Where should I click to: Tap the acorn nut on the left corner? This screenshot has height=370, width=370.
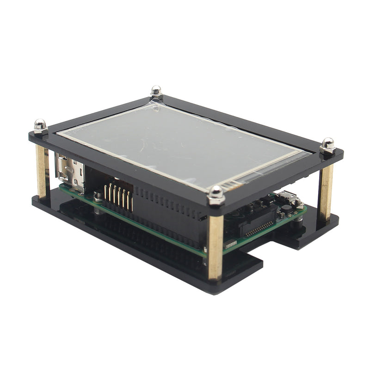pos(40,125)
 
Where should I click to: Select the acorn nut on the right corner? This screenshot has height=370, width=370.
pos(328,145)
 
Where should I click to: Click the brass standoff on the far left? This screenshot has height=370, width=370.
pos(41,171)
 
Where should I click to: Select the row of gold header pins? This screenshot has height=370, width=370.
pos(118,197)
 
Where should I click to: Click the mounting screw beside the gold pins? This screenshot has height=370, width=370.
pos(98,198)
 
